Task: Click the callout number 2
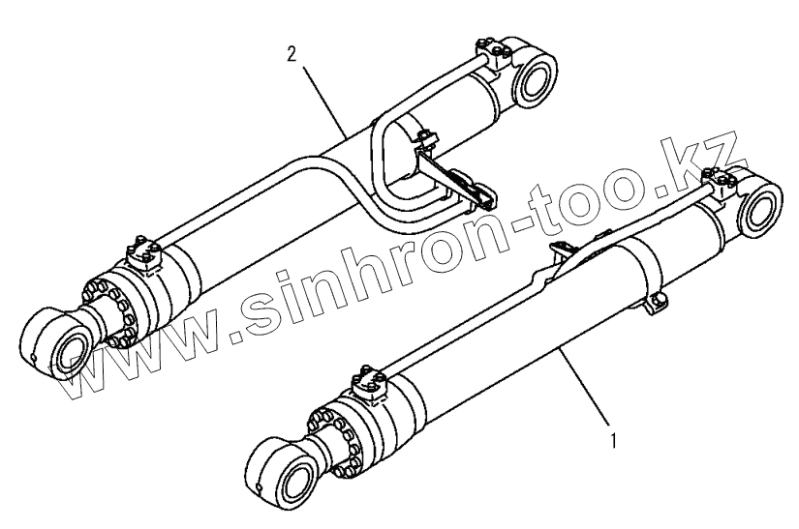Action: (x=292, y=54)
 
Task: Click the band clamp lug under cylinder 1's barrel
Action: (x=654, y=302)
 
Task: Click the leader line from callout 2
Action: (x=325, y=97)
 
